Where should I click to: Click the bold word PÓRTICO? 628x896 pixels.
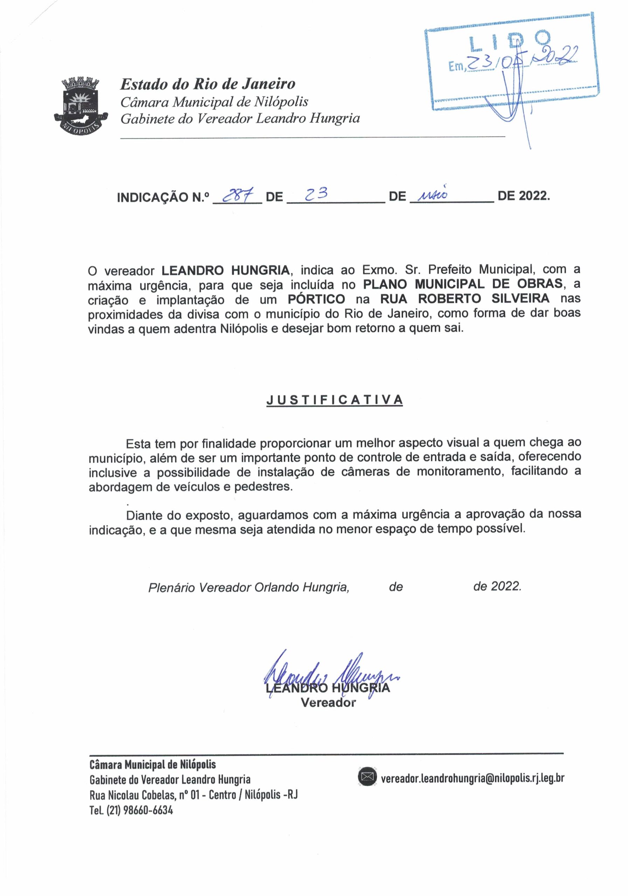(x=316, y=299)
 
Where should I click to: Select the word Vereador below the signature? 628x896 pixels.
(x=328, y=703)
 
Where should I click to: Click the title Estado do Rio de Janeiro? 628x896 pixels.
(x=208, y=84)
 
